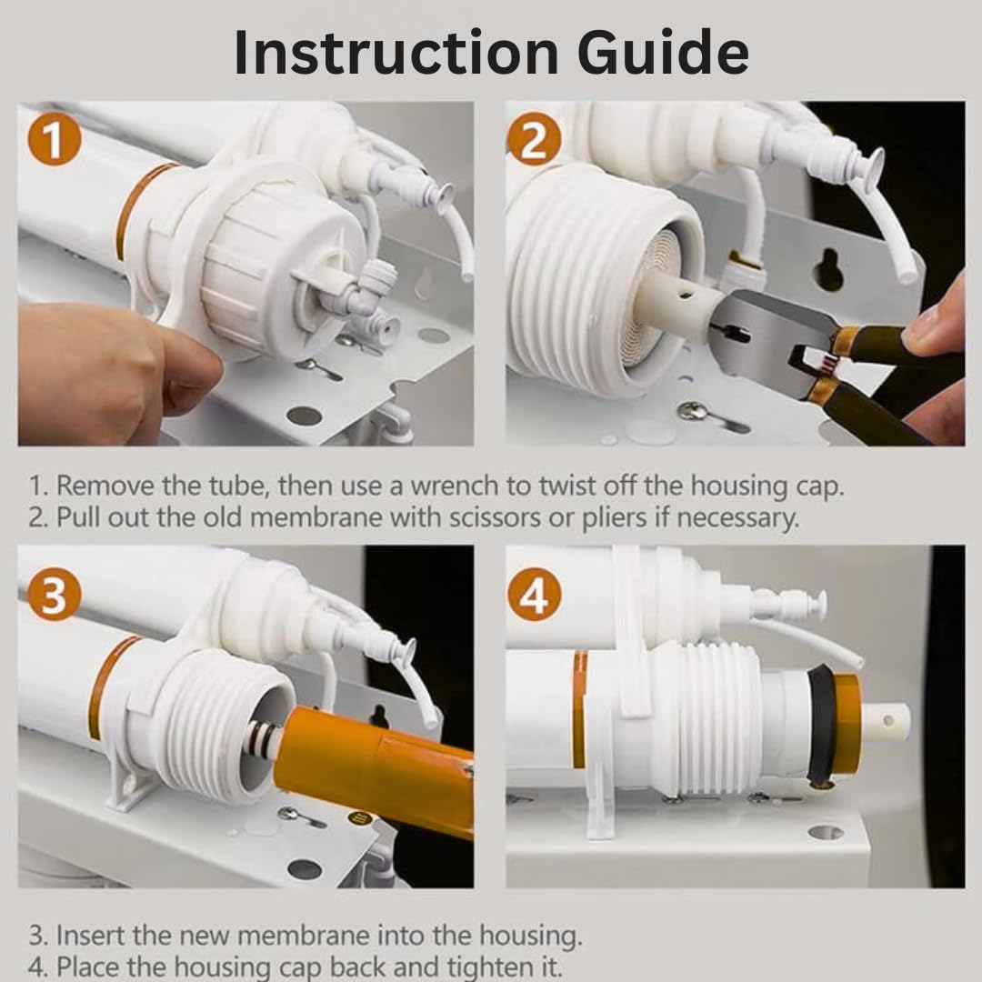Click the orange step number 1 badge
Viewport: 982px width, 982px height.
(55, 140)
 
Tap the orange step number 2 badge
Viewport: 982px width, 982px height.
(534, 140)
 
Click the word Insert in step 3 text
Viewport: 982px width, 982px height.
(89, 936)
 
